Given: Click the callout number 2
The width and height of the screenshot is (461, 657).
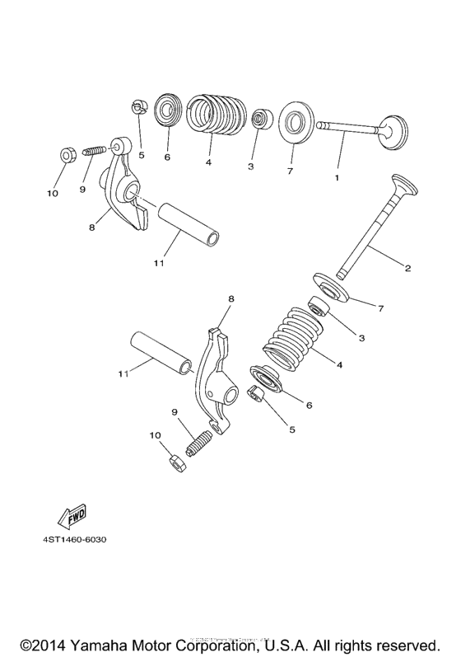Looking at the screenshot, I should click(x=407, y=268).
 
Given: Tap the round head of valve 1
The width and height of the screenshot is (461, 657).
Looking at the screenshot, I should click(x=393, y=130).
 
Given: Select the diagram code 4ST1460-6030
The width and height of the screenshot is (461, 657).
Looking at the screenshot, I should click(x=71, y=541).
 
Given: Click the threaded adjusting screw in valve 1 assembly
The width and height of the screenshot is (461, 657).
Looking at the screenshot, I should click(x=95, y=153).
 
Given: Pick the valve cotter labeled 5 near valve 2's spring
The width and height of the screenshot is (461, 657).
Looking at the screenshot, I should click(x=257, y=396).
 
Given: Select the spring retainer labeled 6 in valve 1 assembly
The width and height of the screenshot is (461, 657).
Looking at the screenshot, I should click(x=168, y=110).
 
